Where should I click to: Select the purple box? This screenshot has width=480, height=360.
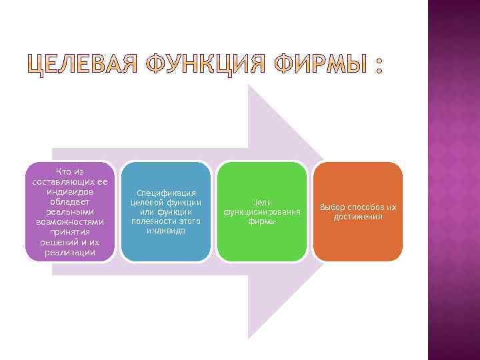(x=70, y=211)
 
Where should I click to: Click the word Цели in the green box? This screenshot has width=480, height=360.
(x=262, y=202)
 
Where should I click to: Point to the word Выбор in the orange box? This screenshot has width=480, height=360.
(x=334, y=207)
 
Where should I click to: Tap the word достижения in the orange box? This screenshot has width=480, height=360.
(x=358, y=217)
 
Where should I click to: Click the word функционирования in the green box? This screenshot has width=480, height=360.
(x=262, y=211)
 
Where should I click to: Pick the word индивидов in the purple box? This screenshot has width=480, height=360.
(x=70, y=191)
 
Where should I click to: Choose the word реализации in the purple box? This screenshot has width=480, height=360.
(x=70, y=252)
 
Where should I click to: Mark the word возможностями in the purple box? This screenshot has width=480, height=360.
(x=70, y=222)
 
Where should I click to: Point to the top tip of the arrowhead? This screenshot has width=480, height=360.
(x=249, y=85)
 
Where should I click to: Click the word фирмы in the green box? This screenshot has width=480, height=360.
(x=262, y=221)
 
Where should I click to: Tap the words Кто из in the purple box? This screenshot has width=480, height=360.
(x=70, y=171)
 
